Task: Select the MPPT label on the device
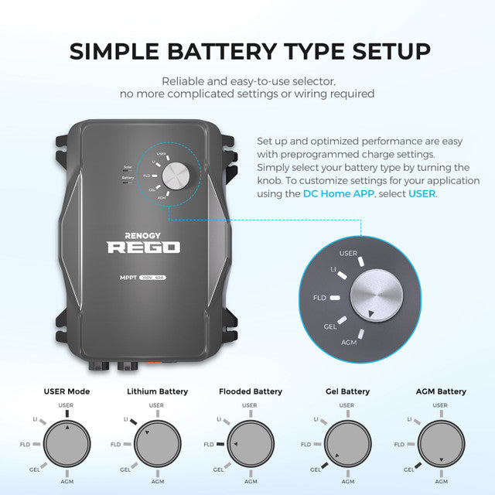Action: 127,277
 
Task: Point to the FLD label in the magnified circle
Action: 319,297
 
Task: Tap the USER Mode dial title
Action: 67,391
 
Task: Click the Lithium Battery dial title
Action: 157,391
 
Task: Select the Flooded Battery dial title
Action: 250,391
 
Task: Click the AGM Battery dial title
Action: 440,391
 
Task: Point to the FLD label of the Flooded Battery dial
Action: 208,445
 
